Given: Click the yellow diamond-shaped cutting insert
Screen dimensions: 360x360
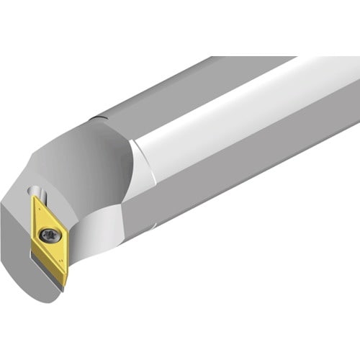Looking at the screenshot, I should point(49,228).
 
